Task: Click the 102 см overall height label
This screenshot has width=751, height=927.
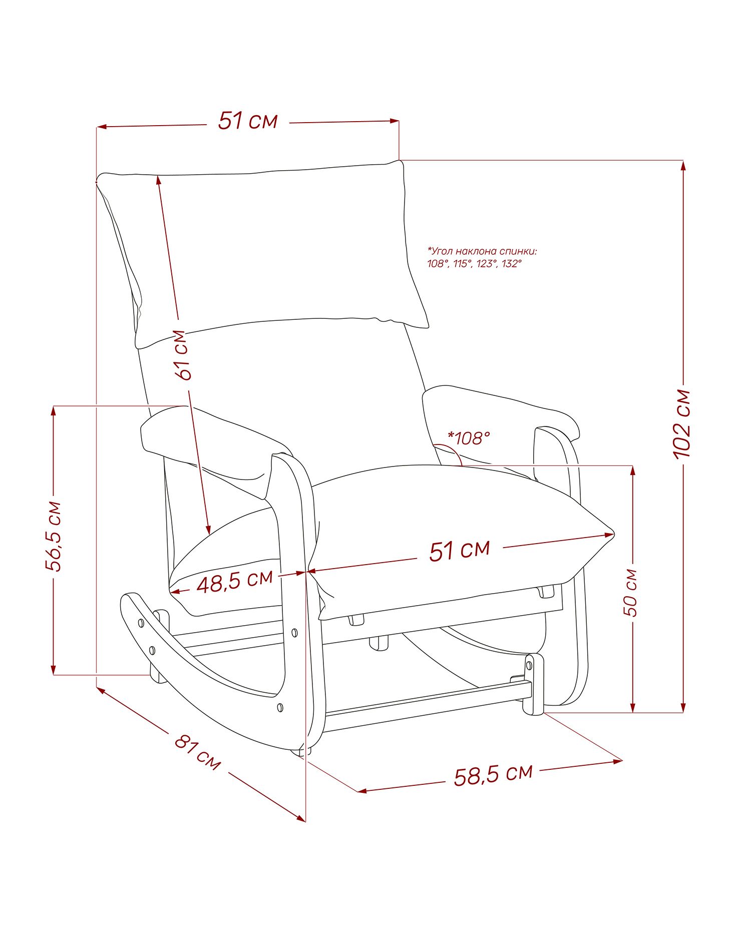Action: coord(682,423)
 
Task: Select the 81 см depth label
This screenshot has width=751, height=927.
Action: coord(197,751)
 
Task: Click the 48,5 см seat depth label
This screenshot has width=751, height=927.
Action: coord(234,581)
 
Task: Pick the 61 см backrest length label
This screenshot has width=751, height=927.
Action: coord(183,355)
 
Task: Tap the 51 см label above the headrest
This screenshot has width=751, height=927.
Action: coord(247,121)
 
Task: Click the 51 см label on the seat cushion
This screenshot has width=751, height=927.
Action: coord(459,550)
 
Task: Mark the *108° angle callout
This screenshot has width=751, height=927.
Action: coord(469,438)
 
